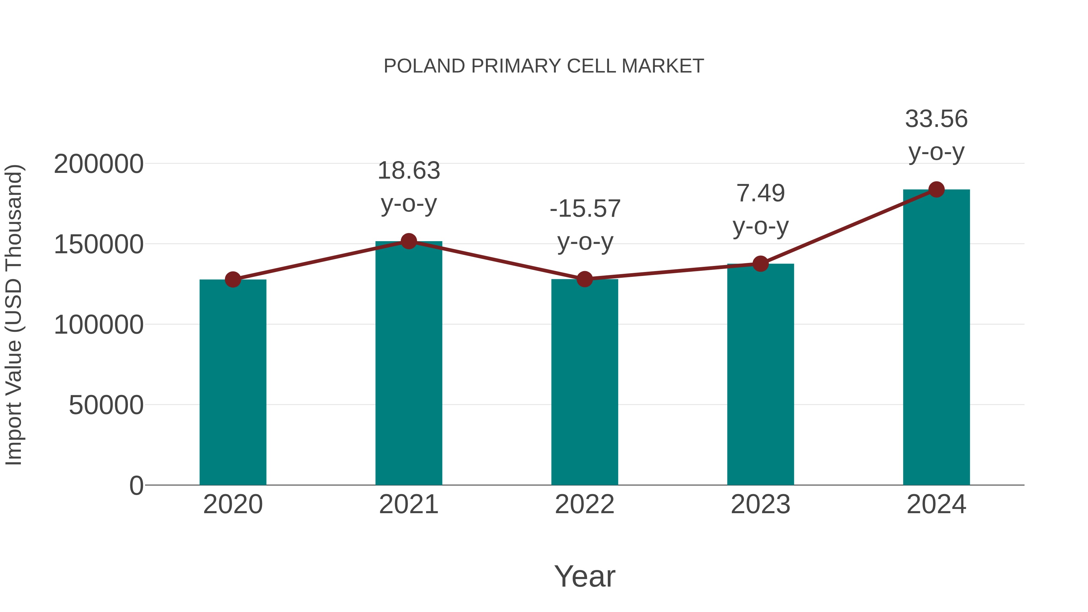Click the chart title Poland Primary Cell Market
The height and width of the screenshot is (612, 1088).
coord(544,66)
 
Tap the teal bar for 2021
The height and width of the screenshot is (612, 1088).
coord(408,363)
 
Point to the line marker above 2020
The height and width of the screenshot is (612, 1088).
coord(233,279)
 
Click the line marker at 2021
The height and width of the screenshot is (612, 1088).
coord(408,241)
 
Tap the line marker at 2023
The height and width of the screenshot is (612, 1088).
coord(760,264)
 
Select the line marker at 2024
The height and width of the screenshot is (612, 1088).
coord(936,189)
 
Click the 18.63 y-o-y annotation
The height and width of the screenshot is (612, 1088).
coord(408,187)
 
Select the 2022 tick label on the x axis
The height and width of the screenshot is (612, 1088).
coord(584,504)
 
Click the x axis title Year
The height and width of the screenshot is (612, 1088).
coord(584,576)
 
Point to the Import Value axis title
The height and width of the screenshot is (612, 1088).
coord(14,315)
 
